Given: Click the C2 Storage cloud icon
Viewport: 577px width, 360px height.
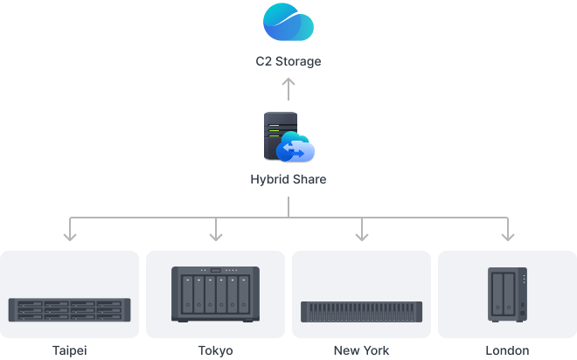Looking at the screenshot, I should [288, 23].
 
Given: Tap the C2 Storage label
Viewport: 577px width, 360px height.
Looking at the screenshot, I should [288, 63].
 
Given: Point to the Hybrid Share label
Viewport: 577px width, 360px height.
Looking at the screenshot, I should [288, 180].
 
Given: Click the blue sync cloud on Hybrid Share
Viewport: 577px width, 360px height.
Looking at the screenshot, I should [295, 150].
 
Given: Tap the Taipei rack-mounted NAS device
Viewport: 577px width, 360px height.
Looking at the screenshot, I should [70, 308].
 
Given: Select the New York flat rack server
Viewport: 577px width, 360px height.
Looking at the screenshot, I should [361, 312].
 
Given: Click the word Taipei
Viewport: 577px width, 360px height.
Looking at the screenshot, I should [70, 350].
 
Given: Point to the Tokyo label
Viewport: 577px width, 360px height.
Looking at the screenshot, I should [216, 350].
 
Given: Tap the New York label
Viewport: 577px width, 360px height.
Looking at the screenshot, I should [361, 350].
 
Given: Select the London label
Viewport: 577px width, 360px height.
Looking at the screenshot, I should [507, 350].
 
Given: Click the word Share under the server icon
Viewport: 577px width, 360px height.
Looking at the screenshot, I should [308, 180].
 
